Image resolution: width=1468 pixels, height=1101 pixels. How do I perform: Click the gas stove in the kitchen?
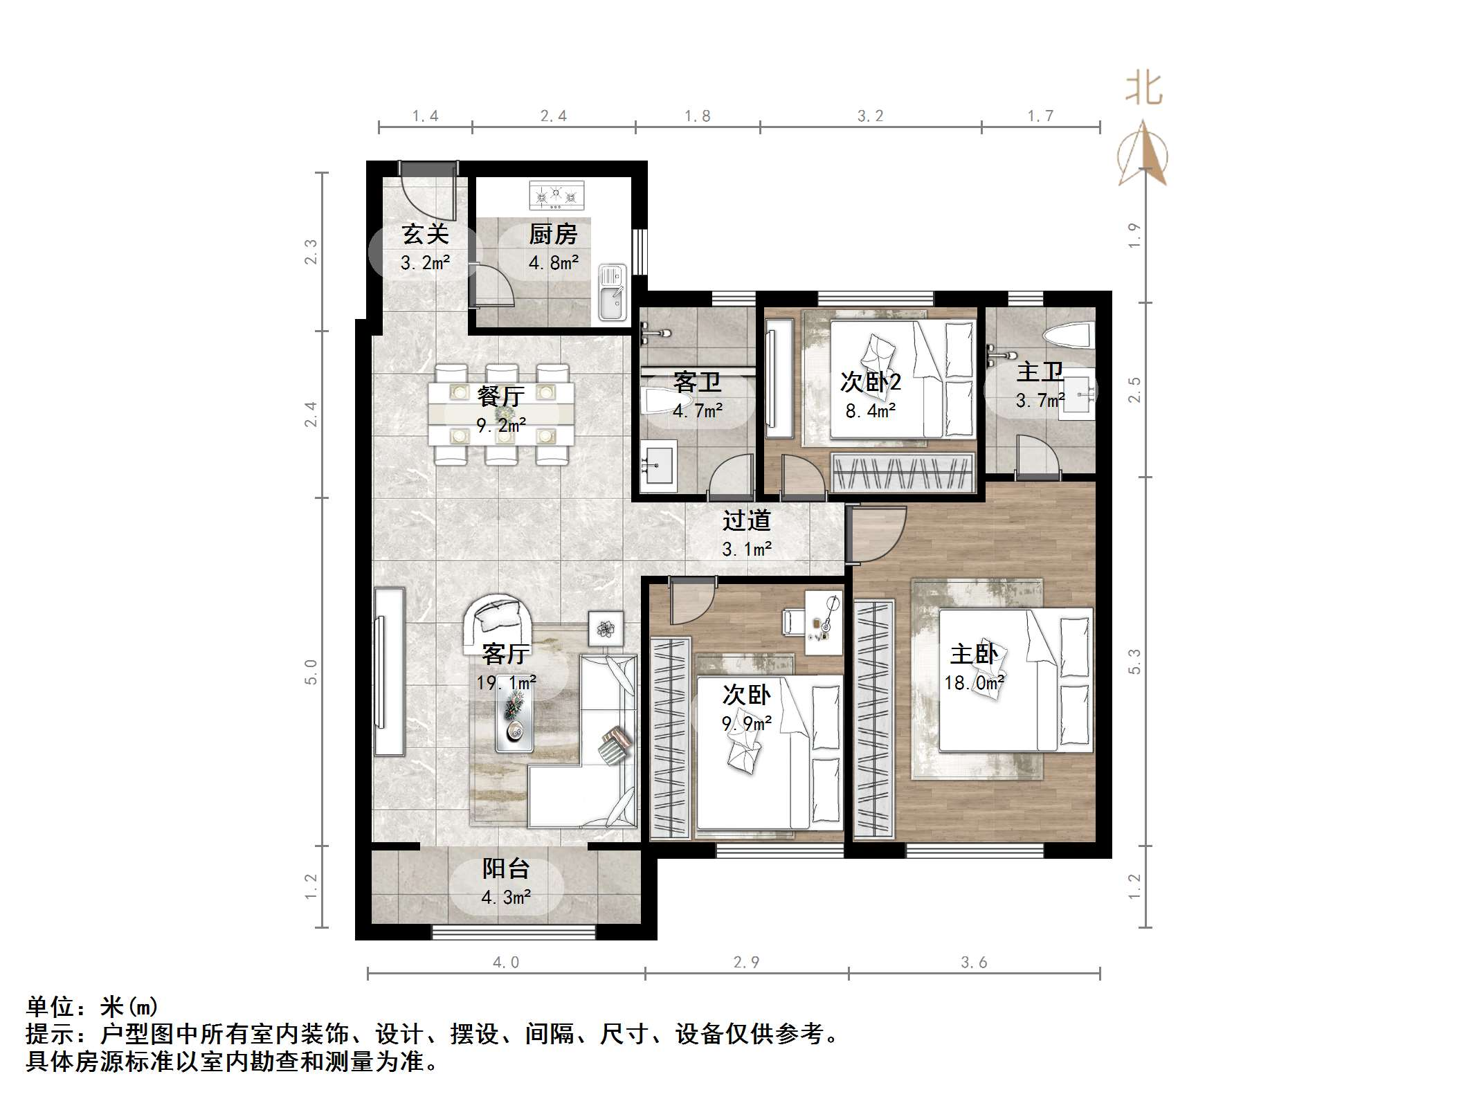(556, 195)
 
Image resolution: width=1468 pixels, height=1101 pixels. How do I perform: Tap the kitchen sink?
(612, 293)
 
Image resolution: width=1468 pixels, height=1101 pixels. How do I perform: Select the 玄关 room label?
(425, 235)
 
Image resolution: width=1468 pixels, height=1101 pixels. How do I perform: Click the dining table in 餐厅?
(500, 414)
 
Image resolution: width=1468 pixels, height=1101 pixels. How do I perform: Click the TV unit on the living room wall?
(389, 671)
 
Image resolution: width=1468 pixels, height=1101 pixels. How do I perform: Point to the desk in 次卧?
(824, 621)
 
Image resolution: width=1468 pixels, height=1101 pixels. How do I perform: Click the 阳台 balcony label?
(506, 868)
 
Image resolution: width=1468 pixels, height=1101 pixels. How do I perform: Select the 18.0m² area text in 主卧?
(974, 683)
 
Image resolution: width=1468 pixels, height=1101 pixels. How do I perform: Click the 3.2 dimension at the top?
(870, 116)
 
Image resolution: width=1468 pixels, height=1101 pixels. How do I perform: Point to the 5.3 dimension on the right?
(1134, 661)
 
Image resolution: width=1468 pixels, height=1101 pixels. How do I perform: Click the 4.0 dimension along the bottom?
(505, 962)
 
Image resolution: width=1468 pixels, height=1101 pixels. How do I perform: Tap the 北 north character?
(1143, 90)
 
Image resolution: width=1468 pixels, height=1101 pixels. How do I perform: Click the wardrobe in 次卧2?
(903, 473)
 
